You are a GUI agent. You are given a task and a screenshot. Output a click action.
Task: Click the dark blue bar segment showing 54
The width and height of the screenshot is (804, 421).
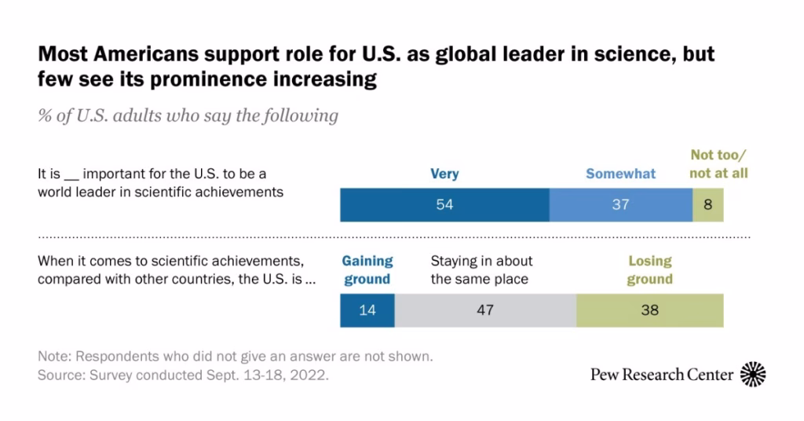pos(444,205)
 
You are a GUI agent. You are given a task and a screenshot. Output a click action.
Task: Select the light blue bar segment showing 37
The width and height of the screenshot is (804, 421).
pos(620,205)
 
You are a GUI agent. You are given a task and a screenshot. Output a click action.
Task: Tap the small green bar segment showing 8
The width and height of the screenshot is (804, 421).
pos(707,205)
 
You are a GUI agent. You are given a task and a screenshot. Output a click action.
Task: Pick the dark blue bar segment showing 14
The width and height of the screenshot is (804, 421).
pos(367,310)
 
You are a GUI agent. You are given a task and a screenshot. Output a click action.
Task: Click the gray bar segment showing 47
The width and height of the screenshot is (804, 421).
pos(485,310)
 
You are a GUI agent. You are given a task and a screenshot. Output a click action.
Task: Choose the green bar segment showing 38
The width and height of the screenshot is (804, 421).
pos(649,310)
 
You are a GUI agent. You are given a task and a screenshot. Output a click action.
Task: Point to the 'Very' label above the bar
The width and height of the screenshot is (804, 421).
pos(444,174)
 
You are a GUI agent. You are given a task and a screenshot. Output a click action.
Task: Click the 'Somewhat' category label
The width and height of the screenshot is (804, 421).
pos(620,174)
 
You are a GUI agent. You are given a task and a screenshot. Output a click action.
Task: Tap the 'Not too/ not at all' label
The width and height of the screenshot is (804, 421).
pos(718,165)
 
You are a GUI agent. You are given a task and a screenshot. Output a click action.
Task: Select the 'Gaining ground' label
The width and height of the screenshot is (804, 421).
pos(367,269)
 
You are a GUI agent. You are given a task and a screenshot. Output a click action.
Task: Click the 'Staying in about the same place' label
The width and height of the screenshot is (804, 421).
pos(481,269)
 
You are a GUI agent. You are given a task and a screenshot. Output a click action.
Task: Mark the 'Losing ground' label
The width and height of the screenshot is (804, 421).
pos(649,269)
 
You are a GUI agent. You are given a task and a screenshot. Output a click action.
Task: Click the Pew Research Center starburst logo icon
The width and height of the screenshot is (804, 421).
pos(754,374)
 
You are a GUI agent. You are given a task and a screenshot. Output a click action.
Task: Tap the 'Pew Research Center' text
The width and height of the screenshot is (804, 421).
pos(662,375)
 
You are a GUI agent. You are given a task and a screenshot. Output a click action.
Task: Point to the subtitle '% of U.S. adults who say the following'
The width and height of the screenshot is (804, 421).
pos(188,115)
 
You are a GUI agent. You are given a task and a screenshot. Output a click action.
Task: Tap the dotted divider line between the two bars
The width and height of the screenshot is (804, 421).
pos(393,236)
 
